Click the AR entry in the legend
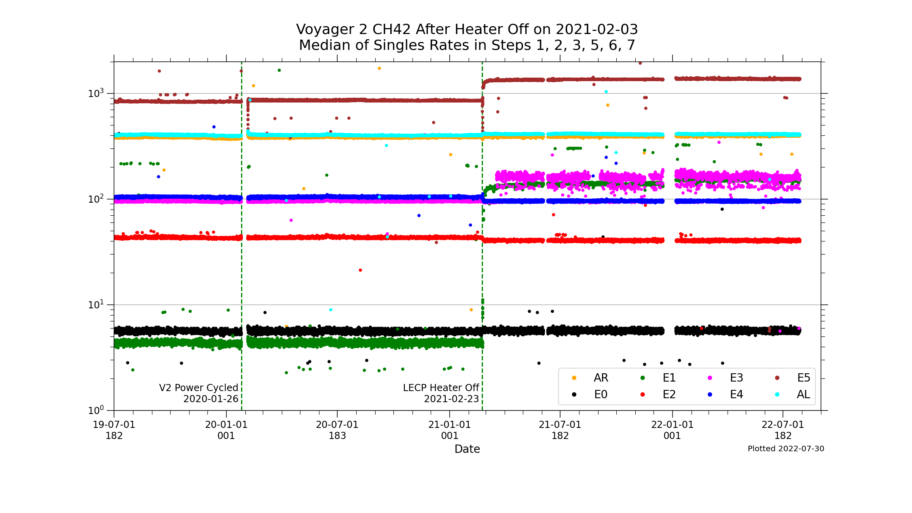(x=600, y=378)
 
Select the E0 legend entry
(x=600, y=395)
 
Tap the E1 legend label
(x=669, y=378)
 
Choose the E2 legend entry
(x=669, y=395)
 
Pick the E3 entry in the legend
(x=736, y=378)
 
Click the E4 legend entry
(x=736, y=395)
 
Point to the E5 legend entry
(x=804, y=378)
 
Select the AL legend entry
(x=803, y=395)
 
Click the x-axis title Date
(x=467, y=449)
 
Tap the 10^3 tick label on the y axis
(x=96, y=93)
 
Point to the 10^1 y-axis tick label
(x=96, y=305)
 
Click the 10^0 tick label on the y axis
(x=96, y=410)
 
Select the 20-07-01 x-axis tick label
(x=337, y=425)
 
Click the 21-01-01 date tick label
(x=450, y=425)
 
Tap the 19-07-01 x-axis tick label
(x=114, y=425)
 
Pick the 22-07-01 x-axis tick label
(x=783, y=425)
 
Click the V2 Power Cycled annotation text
(x=199, y=388)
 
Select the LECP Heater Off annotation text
(x=441, y=388)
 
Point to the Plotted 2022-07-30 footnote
(x=786, y=449)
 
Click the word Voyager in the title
(x=331, y=30)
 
